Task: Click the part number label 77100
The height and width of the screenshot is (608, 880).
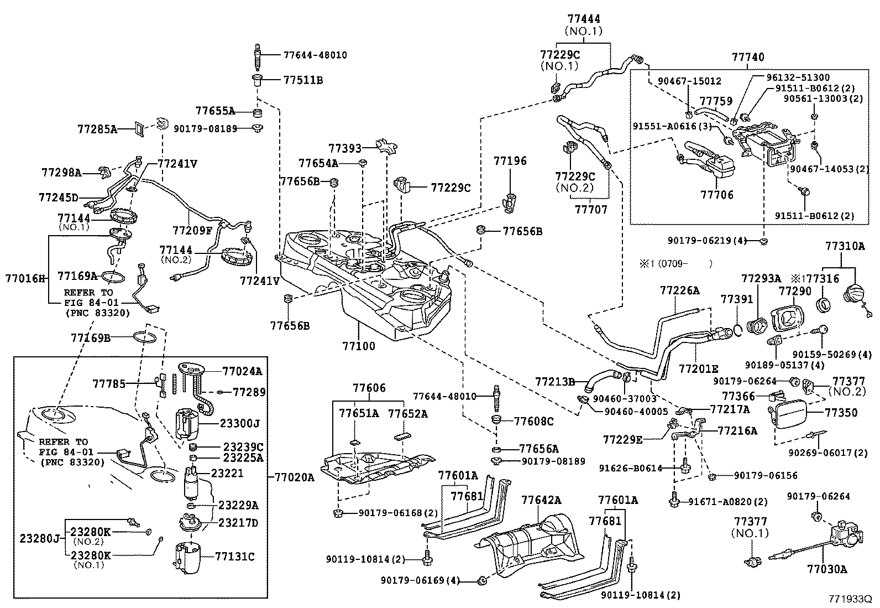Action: click(358, 346)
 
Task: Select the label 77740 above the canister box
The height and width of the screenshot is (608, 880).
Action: click(748, 58)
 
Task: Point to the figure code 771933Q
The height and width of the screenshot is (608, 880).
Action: click(849, 599)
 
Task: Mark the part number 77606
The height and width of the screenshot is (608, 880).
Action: click(369, 388)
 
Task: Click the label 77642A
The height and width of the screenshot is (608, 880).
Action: click(541, 500)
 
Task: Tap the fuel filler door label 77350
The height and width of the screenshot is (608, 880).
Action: click(841, 413)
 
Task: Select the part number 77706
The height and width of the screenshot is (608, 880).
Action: click(717, 195)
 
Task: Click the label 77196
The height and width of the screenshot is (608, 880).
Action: click(510, 162)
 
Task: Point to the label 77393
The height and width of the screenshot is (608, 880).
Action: click(344, 148)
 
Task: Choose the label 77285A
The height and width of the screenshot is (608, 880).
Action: click(97, 129)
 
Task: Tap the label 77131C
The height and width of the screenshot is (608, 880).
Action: click(234, 557)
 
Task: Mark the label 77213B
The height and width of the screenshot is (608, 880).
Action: click(555, 381)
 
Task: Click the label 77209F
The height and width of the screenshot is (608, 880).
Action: click(192, 230)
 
